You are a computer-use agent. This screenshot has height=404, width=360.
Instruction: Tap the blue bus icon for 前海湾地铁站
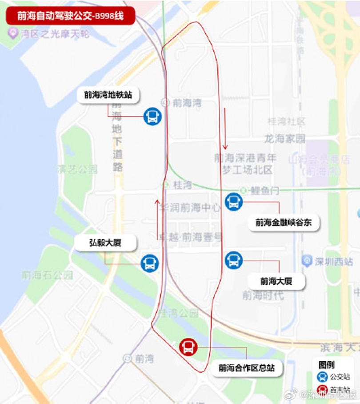click(x=152, y=117)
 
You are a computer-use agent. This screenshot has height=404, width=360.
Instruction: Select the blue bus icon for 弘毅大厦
click(x=149, y=263)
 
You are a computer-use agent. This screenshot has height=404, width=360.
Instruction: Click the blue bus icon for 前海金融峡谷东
click(x=233, y=202)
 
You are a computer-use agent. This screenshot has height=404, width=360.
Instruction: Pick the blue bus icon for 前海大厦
click(x=233, y=260)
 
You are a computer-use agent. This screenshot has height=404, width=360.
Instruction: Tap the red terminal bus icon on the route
click(x=188, y=347)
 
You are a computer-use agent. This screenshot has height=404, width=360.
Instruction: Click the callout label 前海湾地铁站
click(x=108, y=95)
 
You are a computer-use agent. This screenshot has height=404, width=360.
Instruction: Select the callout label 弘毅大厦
click(x=104, y=243)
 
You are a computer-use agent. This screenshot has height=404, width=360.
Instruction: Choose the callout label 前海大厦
click(x=276, y=281)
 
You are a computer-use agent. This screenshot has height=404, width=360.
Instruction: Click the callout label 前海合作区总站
click(x=246, y=368)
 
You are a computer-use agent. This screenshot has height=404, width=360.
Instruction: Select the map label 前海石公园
click(x=47, y=275)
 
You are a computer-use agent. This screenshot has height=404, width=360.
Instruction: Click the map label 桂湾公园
click(x=180, y=313)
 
